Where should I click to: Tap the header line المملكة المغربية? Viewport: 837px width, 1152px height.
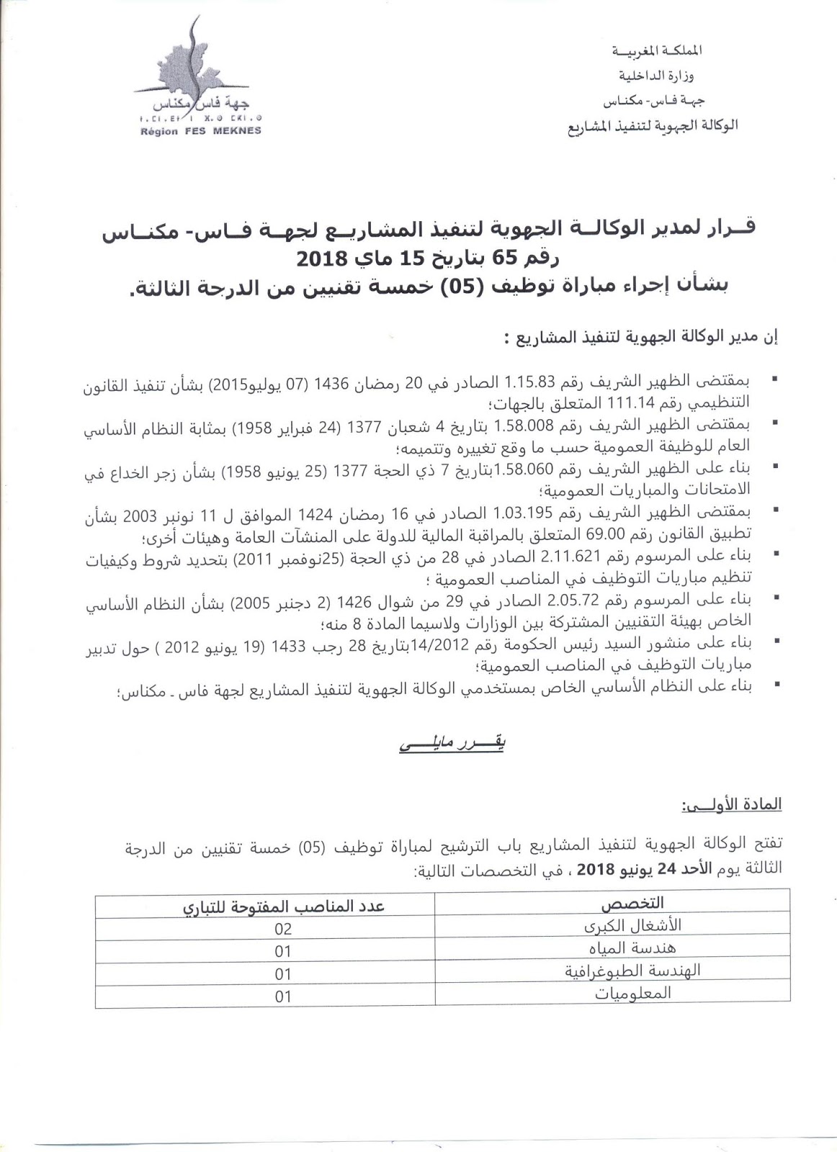[656, 50]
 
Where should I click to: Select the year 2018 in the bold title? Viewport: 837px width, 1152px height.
[322, 256]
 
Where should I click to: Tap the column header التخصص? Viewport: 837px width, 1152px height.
[632, 903]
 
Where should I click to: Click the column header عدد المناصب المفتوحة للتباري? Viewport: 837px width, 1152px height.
[283, 905]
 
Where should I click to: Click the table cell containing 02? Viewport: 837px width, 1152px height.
[283, 929]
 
